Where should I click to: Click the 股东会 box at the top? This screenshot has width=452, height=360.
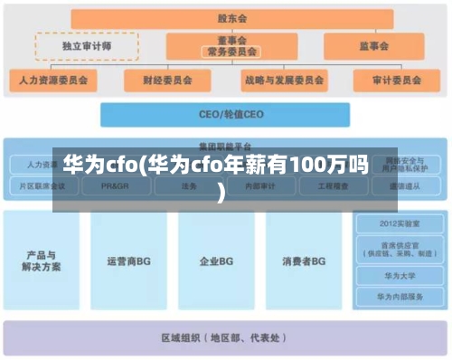coord(231,18)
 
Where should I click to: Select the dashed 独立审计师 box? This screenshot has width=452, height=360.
coord(87,45)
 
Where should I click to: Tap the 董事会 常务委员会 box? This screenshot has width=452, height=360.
coord(231,46)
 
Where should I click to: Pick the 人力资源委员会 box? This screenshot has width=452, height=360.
coord(53,80)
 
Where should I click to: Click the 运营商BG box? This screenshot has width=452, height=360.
coord(128,261)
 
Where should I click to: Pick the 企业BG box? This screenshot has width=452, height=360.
coord(216,261)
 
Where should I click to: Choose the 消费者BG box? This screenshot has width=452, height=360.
coord(304,261)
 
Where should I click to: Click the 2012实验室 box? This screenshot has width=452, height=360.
coord(400,223)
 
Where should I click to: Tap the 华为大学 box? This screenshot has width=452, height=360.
coord(400,276)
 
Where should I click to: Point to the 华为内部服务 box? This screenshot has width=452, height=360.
coord(400,296)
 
